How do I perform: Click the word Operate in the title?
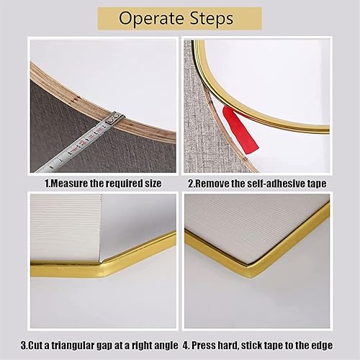(x=152, y=19)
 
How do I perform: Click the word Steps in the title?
(x=211, y=18)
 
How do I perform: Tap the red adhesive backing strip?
(x=240, y=130)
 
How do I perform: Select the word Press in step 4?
(x=204, y=346)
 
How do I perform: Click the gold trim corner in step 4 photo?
(x=250, y=269)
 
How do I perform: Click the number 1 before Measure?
(x=47, y=184)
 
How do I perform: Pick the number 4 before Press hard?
(x=185, y=346)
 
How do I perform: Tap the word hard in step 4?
(x=228, y=346)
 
